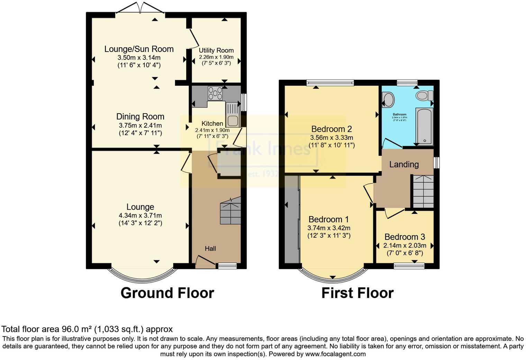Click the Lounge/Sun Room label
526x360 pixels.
point(139,49)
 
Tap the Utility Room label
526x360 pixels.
point(216,51)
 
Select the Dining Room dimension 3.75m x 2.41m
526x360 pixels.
point(140,125)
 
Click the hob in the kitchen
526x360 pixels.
point(215,93)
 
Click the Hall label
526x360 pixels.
point(210,249)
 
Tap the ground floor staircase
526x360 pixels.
point(230,211)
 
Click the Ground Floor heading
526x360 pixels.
point(167,293)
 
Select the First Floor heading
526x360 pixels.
point(357,293)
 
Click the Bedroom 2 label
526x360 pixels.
point(332,129)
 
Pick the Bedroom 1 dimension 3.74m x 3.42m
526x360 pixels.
point(329,228)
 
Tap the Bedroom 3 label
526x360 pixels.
point(405,237)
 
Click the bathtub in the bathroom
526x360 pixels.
point(423,126)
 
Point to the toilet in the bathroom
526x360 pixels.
point(424,95)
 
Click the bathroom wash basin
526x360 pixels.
point(388,99)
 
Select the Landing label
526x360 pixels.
point(404,164)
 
